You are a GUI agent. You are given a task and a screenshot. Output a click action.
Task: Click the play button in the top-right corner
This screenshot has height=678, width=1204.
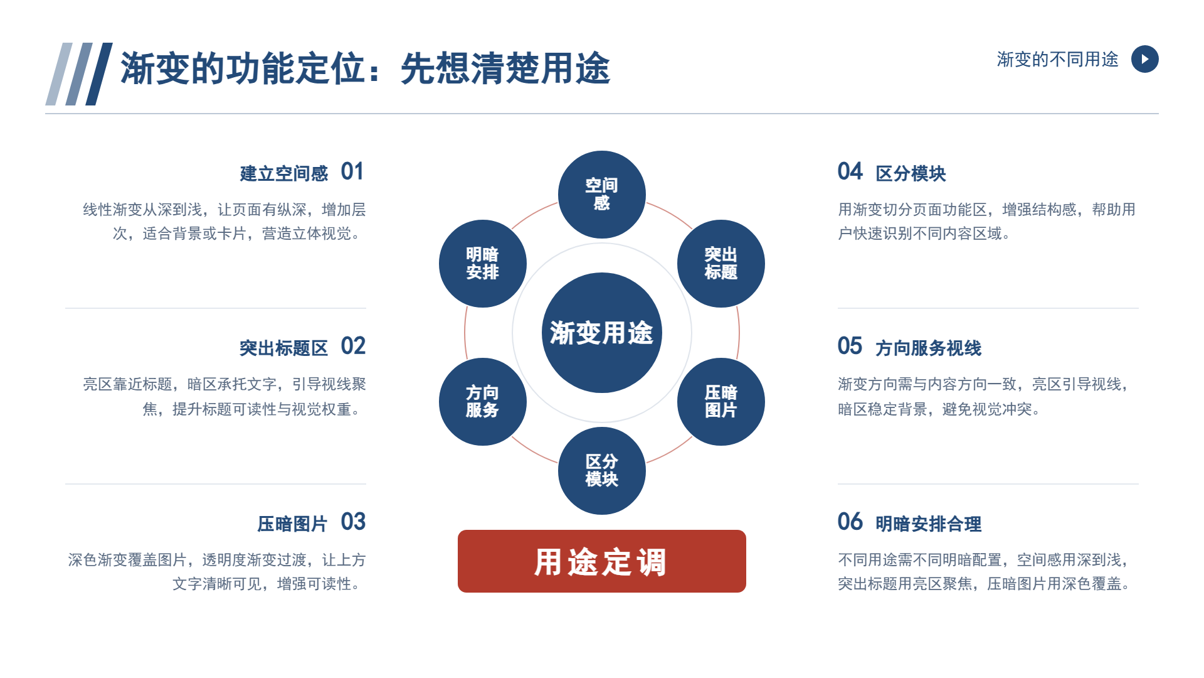click(x=1144, y=59)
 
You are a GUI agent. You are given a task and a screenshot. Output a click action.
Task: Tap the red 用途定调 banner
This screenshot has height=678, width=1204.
click(x=602, y=561)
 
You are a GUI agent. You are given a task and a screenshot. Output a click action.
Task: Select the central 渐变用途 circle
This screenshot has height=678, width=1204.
click(x=602, y=333)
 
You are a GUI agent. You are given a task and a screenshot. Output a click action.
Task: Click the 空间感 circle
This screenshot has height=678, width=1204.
click(x=602, y=195)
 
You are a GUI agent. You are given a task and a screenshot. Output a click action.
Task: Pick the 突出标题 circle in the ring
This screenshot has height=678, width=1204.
click(x=721, y=264)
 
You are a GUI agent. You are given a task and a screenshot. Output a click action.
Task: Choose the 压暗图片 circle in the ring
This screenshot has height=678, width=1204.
click(x=721, y=402)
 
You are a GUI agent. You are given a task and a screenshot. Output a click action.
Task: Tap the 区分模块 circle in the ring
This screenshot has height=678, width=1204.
click(x=602, y=471)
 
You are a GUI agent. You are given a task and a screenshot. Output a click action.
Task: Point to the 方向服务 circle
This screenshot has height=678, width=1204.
click(x=483, y=402)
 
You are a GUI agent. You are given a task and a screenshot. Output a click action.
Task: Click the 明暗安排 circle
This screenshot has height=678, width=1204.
click(x=483, y=264)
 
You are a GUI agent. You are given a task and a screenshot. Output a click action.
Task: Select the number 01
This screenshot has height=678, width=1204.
click(x=352, y=171)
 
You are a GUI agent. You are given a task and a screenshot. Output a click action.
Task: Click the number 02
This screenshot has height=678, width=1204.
click(x=353, y=346)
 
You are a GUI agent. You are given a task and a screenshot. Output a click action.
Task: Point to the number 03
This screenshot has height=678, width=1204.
click(x=353, y=522)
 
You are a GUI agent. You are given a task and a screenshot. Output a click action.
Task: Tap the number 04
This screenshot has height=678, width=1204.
click(x=850, y=171)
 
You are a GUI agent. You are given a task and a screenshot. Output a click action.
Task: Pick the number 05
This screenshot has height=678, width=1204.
click(x=850, y=346)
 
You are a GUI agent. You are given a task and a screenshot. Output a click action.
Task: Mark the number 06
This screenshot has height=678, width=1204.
click(x=850, y=522)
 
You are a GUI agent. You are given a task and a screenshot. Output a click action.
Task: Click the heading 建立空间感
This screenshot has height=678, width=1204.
click(x=284, y=173)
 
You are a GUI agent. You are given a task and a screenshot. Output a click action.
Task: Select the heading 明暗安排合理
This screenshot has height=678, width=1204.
click(x=929, y=524)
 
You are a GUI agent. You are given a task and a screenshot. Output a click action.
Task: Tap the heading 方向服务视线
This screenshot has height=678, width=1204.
click(x=929, y=348)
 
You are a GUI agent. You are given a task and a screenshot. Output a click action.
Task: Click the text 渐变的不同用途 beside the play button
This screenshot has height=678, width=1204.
click(x=1058, y=59)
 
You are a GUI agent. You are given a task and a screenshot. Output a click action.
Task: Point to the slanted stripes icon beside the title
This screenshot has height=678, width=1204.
click(x=79, y=74)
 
